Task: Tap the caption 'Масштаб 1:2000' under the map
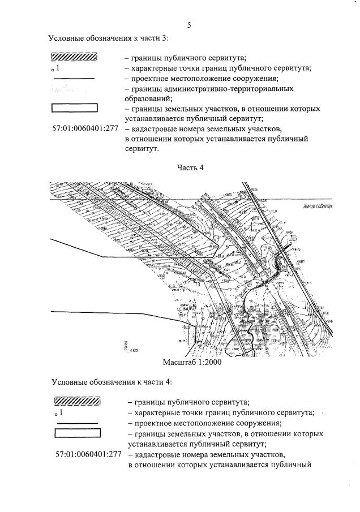pos(191,363)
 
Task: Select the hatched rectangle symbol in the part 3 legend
pos(74,57)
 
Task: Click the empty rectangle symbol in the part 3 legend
pos(74,107)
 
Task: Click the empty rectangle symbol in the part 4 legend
pos(77,433)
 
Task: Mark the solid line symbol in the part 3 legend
pos(74,79)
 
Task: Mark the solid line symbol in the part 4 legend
pos(77,423)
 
